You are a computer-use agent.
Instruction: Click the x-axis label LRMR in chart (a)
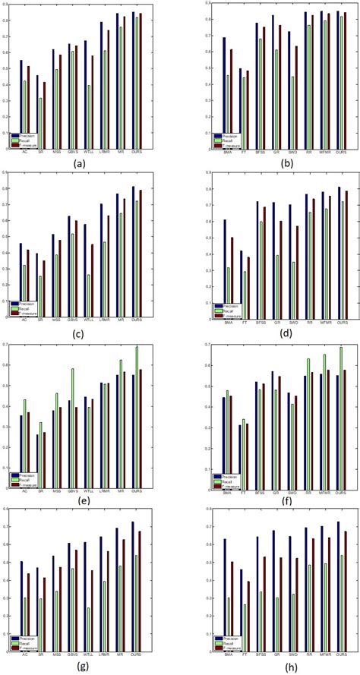coord(106,151)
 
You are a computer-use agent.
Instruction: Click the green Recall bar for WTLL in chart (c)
coord(90,292)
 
